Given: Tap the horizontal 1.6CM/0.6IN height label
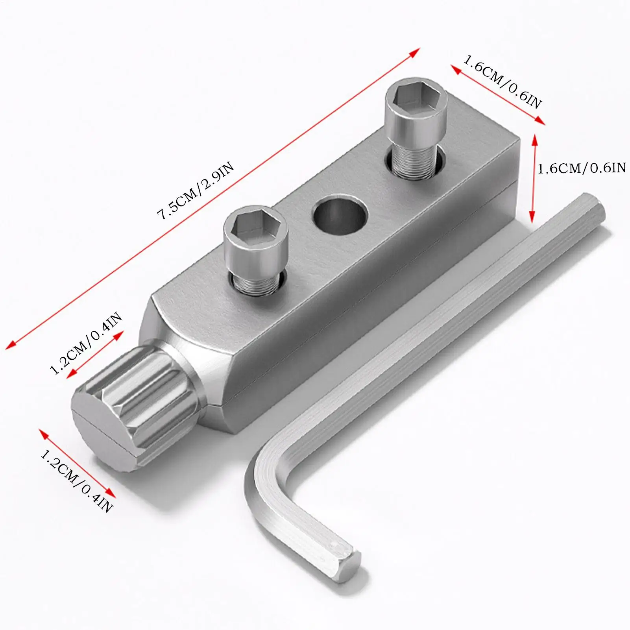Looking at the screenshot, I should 581,168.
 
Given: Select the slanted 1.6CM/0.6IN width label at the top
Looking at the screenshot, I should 503,82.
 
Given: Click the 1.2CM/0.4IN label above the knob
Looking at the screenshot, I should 86,343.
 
